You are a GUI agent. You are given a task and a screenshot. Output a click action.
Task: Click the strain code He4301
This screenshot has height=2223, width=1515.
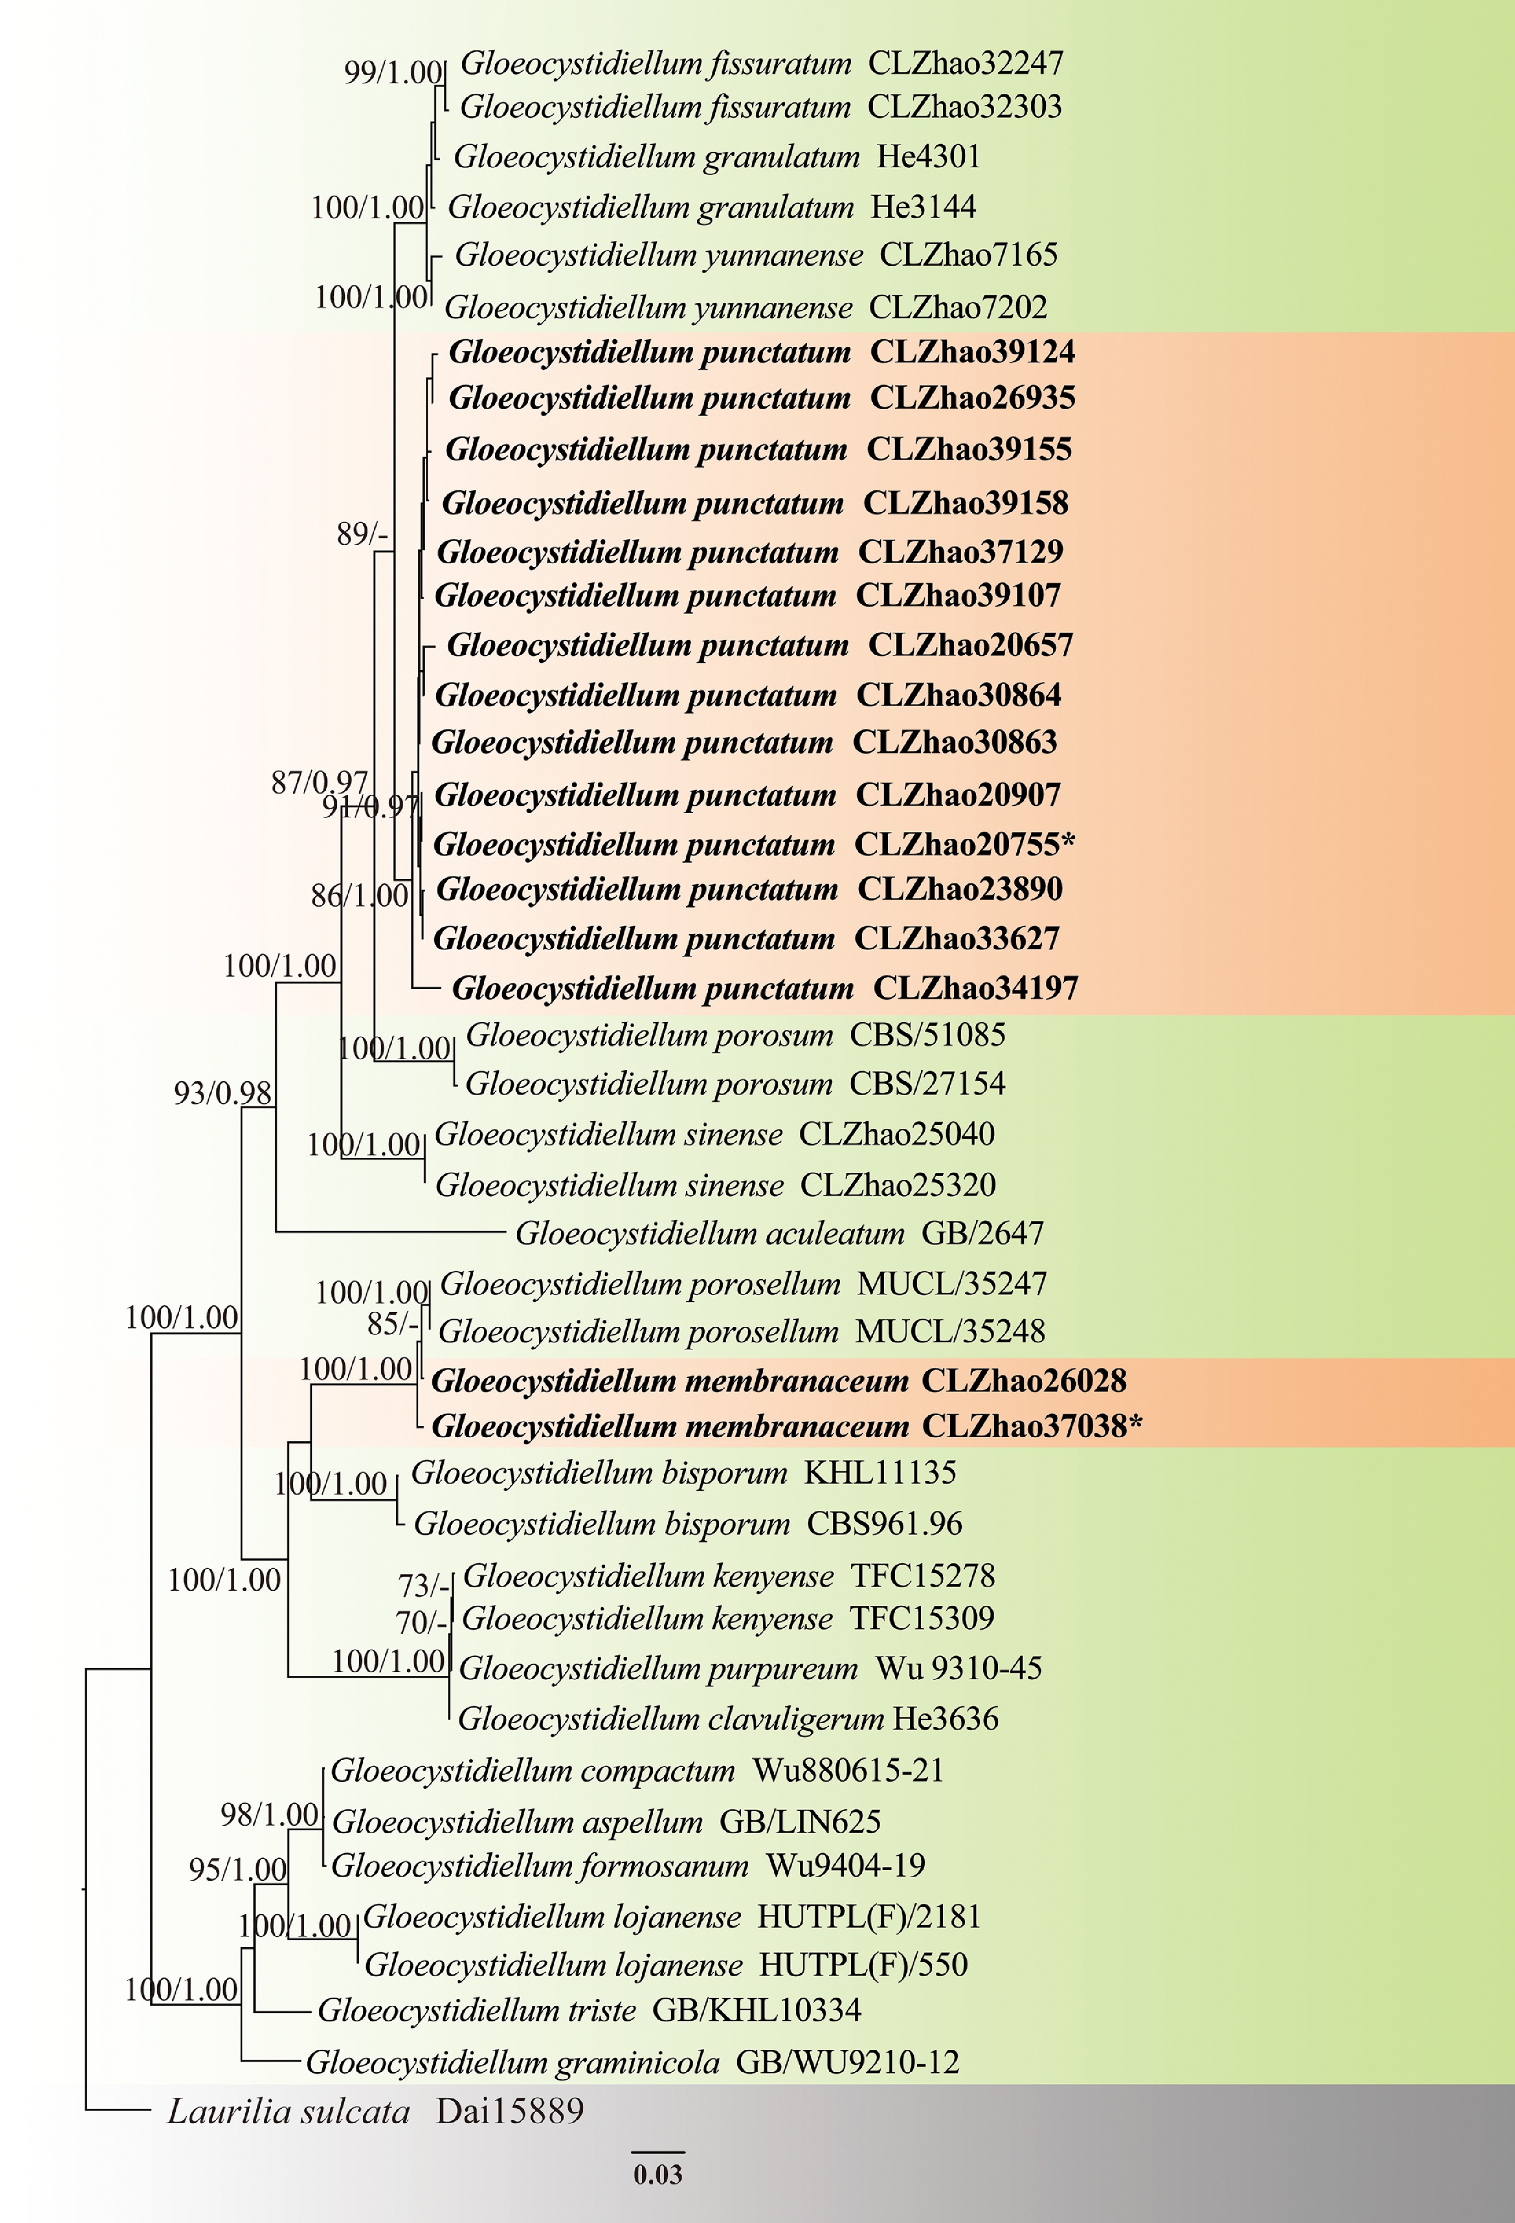pyautogui.click(x=929, y=156)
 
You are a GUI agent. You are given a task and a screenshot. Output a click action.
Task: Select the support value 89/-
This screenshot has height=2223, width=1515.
pyautogui.click(x=361, y=534)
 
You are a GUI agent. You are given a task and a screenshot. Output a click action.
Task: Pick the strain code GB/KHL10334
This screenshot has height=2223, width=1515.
pyautogui.click(x=756, y=2011)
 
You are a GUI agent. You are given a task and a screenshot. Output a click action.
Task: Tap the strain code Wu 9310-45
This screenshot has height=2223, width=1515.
pyautogui.click(x=958, y=1668)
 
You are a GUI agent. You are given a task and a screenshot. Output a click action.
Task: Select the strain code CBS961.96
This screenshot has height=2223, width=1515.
pyautogui.click(x=884, y=1524)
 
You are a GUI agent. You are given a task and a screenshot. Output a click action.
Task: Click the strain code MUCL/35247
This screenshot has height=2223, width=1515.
pyautogui.click(x=952, y=1284)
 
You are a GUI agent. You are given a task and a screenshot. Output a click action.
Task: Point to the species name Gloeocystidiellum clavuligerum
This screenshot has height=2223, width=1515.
pyautogui.click(x=671, y=1719)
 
